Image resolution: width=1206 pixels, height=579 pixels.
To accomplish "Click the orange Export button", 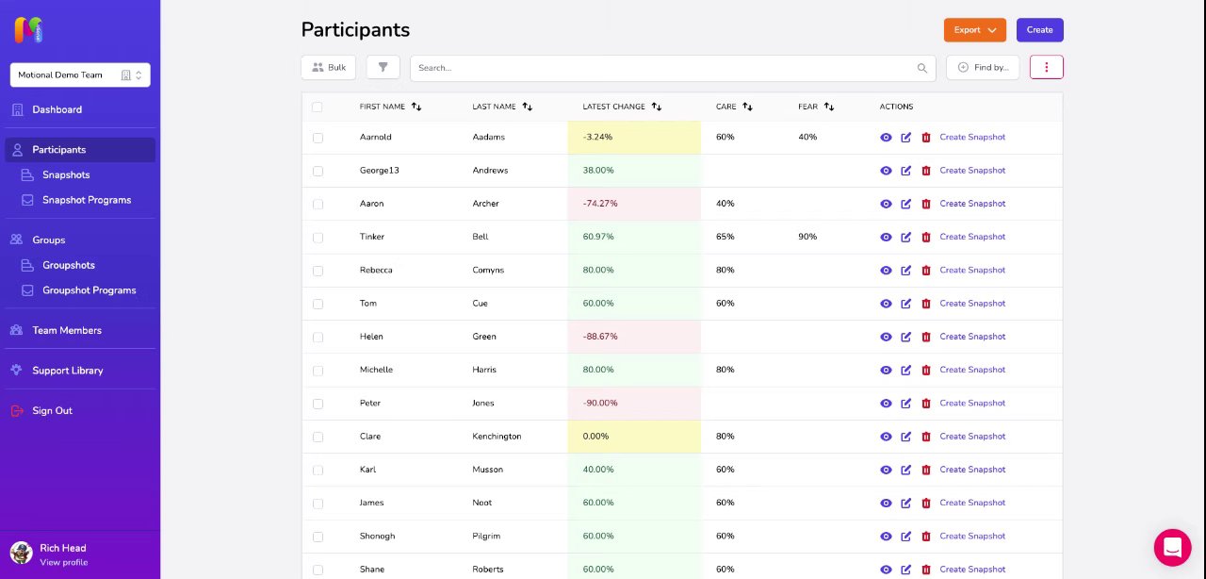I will [x=974, y=30].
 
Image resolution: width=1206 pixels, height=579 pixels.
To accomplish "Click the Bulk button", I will [x=329, y=68].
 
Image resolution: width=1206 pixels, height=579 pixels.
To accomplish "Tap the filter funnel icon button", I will [x=383, y=68].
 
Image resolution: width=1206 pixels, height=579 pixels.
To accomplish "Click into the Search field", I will [x=664, y=68].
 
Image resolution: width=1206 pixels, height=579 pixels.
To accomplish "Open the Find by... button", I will [x=983, y=68].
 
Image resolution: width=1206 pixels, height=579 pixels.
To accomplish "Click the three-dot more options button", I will [x=1047, y=68].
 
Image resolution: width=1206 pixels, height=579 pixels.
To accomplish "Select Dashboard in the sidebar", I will [x=57, y=109].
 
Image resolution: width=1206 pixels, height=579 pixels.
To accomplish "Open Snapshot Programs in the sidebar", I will [x=87, y=200].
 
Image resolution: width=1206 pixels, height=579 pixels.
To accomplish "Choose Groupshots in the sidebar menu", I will [x=69, y=265].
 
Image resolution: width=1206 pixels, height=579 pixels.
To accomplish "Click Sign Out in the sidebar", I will [x=52, y=410].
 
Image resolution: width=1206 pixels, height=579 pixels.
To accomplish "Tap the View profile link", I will [x=63, y=563].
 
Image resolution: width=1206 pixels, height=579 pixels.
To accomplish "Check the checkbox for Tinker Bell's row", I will [x=318, y=237].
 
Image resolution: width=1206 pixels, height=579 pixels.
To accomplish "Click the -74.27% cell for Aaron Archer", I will [x=634, y=204].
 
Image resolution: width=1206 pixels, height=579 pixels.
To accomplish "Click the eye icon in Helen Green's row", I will [x=886, y=337].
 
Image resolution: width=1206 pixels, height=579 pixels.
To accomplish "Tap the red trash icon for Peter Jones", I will [x=926, y=403].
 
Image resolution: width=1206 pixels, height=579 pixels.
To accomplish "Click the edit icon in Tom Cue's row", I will [x=906, y=304].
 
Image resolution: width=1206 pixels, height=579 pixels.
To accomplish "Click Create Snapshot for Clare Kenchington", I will [x=972, y=437].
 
